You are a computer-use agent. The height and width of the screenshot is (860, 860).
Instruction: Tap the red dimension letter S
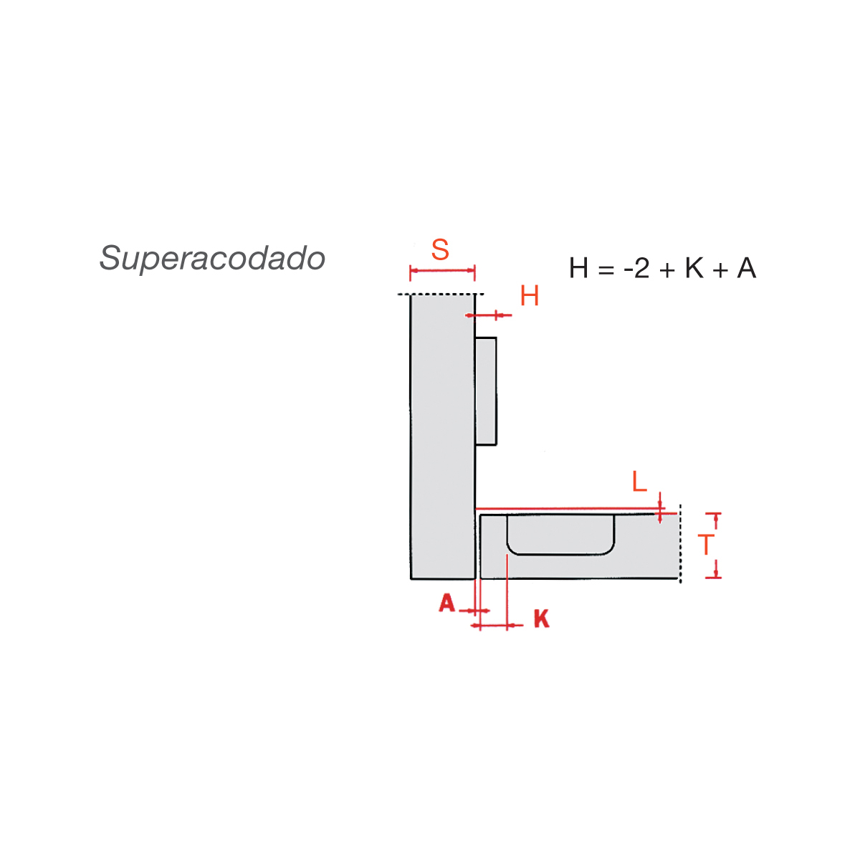pos(440,250)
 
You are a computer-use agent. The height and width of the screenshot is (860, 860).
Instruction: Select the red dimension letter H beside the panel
pos(530,295)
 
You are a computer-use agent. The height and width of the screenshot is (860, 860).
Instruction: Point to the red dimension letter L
pos(639,482)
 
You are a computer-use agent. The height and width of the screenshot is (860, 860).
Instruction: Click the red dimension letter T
pos(706,545)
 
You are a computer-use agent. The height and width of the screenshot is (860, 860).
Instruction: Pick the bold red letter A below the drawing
pos(446,603)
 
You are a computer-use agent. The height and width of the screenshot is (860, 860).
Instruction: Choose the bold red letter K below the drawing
pos(542,619)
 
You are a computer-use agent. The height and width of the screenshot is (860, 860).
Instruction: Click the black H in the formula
pos(578,268)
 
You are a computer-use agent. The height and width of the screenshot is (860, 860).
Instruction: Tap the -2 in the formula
pos(636,268)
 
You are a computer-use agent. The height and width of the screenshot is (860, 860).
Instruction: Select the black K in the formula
pos(694,268)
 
